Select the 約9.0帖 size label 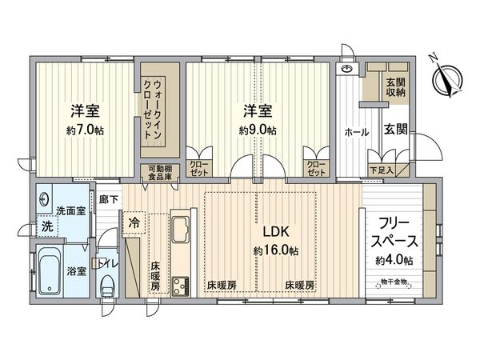[258, 130]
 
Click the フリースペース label [393, 231]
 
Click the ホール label [356, 130]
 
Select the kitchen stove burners [180, 284]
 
